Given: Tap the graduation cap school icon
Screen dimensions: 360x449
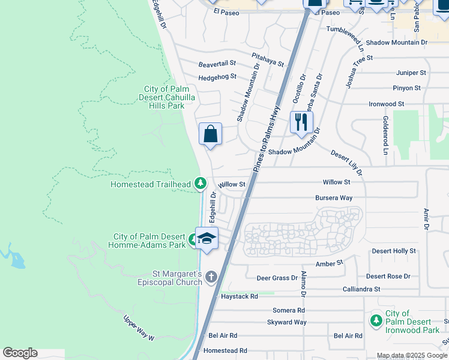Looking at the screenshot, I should tap(206, 238).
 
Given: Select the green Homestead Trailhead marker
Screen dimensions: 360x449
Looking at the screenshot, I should tap(200, 183).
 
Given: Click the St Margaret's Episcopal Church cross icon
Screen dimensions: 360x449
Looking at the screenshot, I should tap(210, 277).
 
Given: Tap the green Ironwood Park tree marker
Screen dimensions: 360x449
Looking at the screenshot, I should tap(376, 320).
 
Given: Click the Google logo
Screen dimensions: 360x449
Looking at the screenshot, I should tap(20, 353).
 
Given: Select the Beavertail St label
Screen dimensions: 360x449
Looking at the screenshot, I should tap(217, 63).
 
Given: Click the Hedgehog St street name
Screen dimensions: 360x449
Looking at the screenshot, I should tap(218, 77).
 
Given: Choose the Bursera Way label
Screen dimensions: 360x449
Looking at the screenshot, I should tap(334, 197).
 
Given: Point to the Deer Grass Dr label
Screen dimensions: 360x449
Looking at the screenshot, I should tap(277, 278).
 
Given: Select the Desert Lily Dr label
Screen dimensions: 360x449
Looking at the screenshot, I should tap(346, 163).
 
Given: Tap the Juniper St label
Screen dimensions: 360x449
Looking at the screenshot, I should tap(411, 73).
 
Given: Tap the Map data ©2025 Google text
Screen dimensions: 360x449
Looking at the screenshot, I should tap(411, 355).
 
